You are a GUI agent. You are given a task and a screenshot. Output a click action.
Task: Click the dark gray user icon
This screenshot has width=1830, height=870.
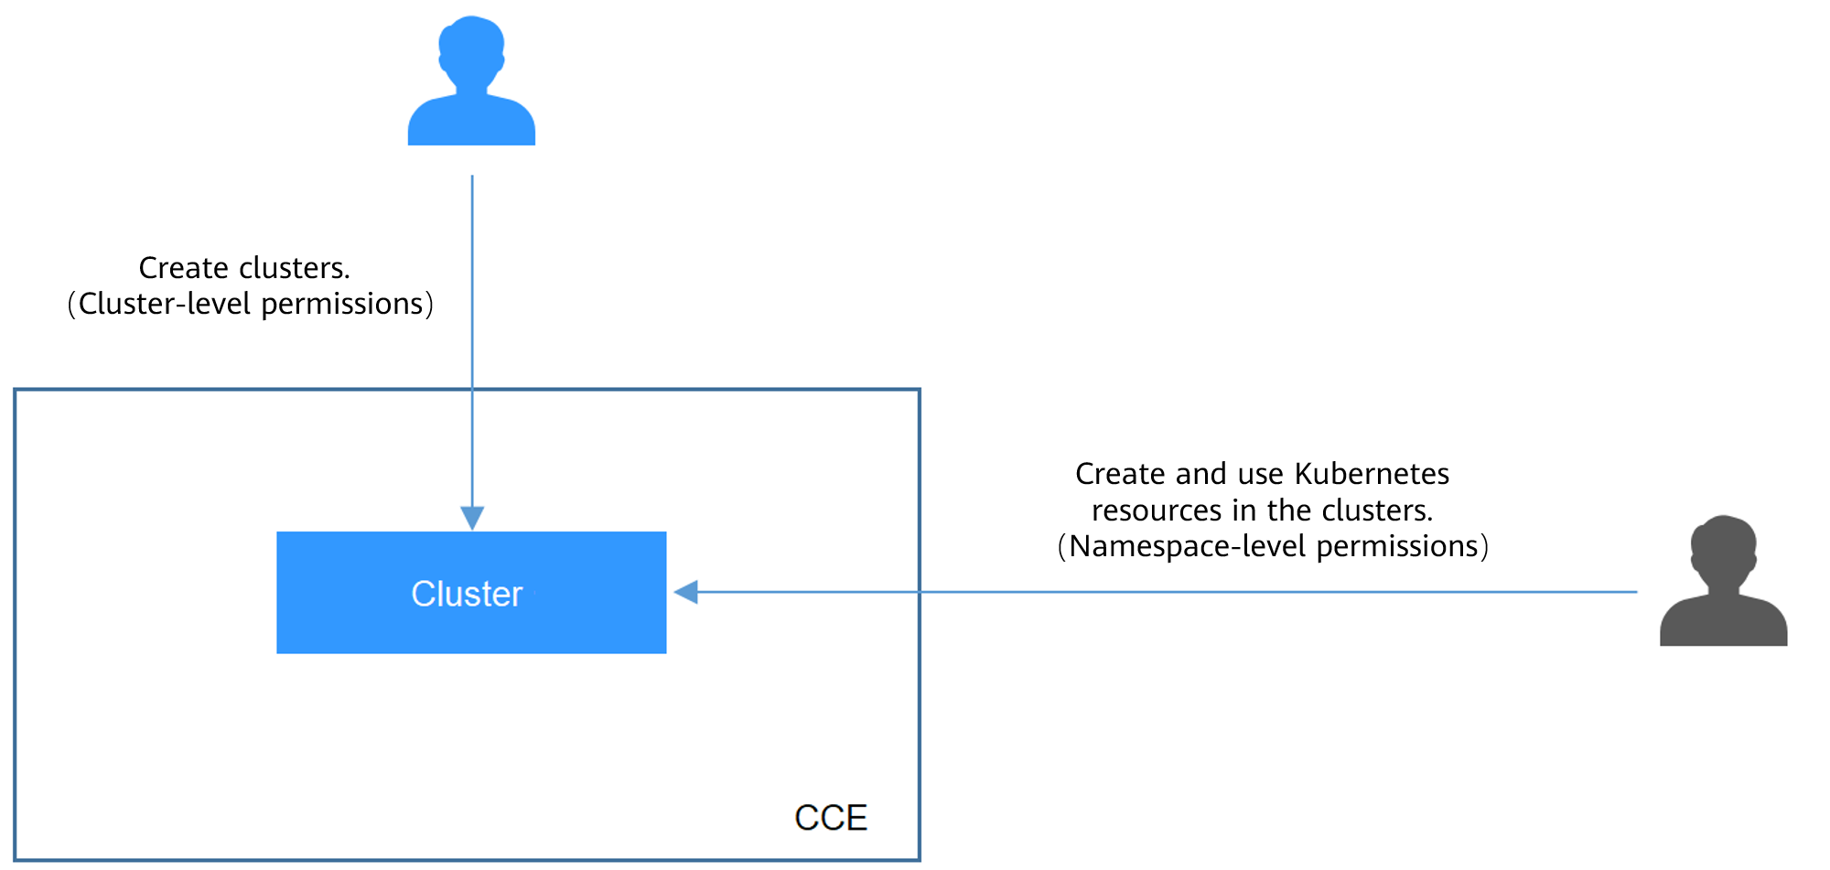tap(1723, 582)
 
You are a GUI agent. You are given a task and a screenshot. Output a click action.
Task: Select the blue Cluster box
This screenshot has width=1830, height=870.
tap(471, 593)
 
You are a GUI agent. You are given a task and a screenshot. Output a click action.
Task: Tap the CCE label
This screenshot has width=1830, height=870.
tap(831, 818)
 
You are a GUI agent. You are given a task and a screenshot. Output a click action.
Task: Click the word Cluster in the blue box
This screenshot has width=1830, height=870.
tap(467, 594)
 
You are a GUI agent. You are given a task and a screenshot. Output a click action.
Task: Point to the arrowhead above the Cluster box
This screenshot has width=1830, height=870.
tap(472, 518)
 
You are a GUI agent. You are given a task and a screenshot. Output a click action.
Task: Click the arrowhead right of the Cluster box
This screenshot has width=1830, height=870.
tap(686, 592)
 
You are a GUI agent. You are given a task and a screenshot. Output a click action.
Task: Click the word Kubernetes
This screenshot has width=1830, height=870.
tap(1372, 474)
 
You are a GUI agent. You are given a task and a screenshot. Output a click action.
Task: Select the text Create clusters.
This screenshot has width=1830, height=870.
tap(244, 268)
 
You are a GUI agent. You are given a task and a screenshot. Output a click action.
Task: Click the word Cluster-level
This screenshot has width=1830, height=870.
tap(164, 304)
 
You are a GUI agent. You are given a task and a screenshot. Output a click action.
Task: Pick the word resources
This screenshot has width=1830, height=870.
tap(1157, 510)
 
